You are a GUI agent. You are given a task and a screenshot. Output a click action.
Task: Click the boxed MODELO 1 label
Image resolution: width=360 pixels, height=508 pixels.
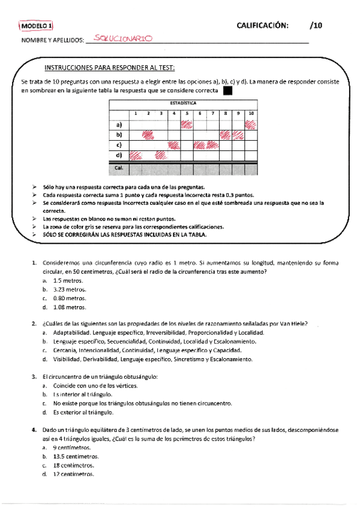point(37,26)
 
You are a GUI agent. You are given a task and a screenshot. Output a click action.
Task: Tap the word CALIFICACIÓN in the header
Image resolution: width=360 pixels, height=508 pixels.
point(262,25)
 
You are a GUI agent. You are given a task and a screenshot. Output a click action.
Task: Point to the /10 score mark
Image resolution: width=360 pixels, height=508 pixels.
point(316,25)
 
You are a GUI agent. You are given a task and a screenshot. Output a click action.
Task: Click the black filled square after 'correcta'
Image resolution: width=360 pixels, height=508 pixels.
point(227,91)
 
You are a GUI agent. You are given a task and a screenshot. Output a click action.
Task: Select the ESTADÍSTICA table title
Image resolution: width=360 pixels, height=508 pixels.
point(183,103)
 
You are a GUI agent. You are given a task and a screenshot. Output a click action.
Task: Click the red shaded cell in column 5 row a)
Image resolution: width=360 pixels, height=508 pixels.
point(187,125)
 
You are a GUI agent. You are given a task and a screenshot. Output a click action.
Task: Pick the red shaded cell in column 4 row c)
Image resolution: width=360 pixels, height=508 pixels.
point(174,146)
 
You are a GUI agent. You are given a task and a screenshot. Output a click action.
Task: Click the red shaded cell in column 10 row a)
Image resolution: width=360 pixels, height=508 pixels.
point(251,125)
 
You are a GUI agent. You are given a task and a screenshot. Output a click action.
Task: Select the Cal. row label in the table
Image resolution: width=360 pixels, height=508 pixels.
point(119,168)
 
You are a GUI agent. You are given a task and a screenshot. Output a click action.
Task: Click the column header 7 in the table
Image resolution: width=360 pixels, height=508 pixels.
point(212,113)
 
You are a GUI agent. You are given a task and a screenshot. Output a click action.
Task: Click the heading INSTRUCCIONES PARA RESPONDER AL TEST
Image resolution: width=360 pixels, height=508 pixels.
point(114,68)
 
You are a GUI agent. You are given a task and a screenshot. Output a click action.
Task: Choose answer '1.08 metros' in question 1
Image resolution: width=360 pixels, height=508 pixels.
point(69,307)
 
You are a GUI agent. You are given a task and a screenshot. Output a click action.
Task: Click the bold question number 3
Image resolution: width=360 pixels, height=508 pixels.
point(34,376)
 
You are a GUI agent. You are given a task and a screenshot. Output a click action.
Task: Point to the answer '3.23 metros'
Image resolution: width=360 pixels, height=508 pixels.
point(69,289)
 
